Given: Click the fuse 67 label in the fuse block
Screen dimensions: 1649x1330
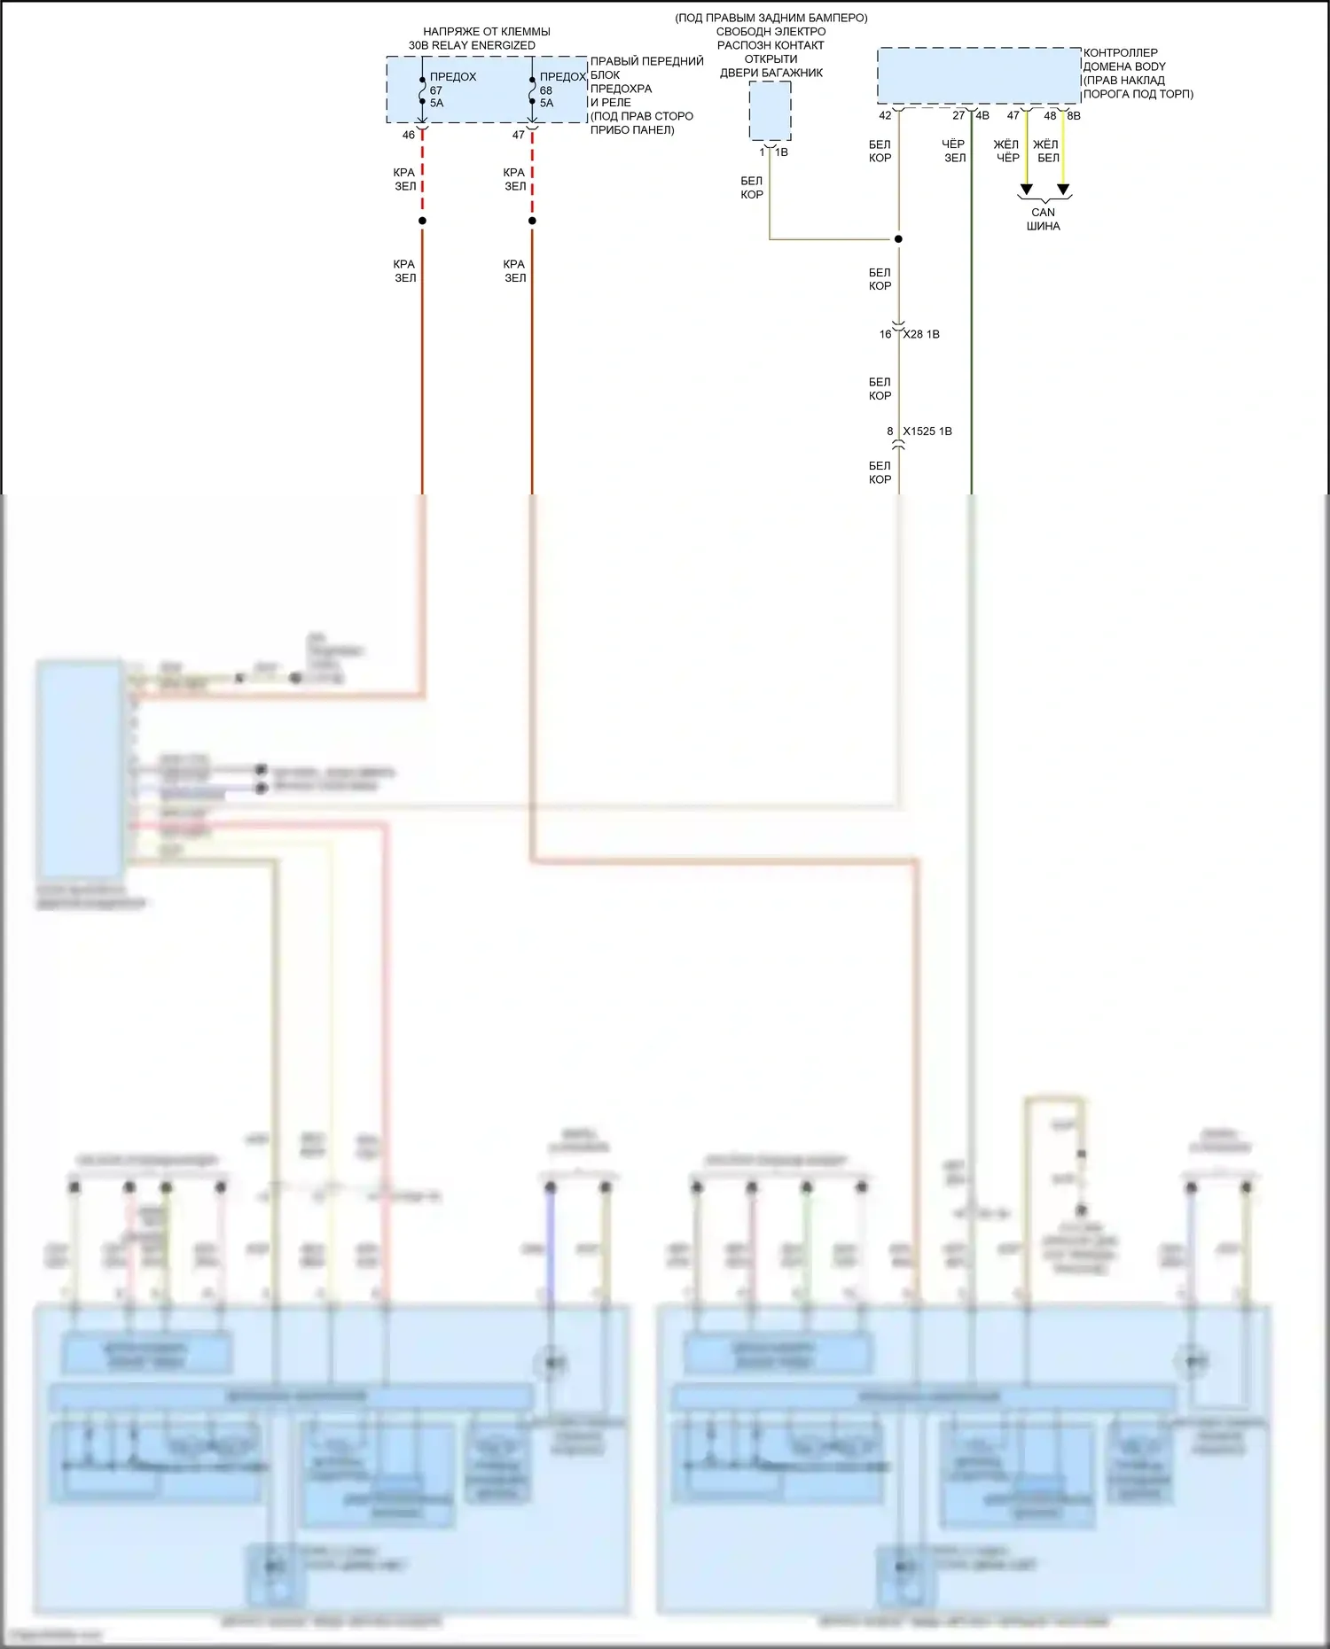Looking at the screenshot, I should [436, 90].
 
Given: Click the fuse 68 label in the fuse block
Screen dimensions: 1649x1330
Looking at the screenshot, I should [546, 90].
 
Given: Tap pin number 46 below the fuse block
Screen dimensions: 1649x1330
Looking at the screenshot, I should [409, 136].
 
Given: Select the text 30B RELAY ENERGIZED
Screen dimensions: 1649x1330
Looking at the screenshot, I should [472, 45].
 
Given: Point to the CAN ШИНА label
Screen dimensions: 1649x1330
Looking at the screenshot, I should [1044, 219].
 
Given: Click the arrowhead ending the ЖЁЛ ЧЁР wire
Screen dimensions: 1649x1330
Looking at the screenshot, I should [1026, 190].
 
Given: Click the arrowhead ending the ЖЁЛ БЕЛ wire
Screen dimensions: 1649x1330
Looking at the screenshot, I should [1063, 190].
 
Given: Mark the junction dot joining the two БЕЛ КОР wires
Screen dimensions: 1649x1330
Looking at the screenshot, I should [898, 239].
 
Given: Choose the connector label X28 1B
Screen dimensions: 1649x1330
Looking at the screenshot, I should [922, 334].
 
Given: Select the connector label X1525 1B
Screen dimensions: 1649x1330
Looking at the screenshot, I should [927, 432].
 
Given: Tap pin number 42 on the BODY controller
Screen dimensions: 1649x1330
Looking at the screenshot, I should [885, 116].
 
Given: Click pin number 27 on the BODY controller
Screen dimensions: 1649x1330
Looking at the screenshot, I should [958, 116].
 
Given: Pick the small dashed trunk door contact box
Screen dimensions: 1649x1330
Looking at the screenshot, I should [770, 111].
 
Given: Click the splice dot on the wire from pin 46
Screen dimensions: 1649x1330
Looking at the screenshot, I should [422, 221].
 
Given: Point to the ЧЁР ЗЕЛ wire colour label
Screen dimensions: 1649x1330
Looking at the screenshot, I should [954, 151].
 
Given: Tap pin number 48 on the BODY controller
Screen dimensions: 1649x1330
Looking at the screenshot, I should [1050, 116].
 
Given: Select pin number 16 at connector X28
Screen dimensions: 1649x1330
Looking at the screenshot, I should [886, 334].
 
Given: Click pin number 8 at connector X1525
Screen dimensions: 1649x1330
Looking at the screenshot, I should [890, 432].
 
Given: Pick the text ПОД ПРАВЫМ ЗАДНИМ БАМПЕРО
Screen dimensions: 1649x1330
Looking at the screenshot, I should [771, 18].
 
